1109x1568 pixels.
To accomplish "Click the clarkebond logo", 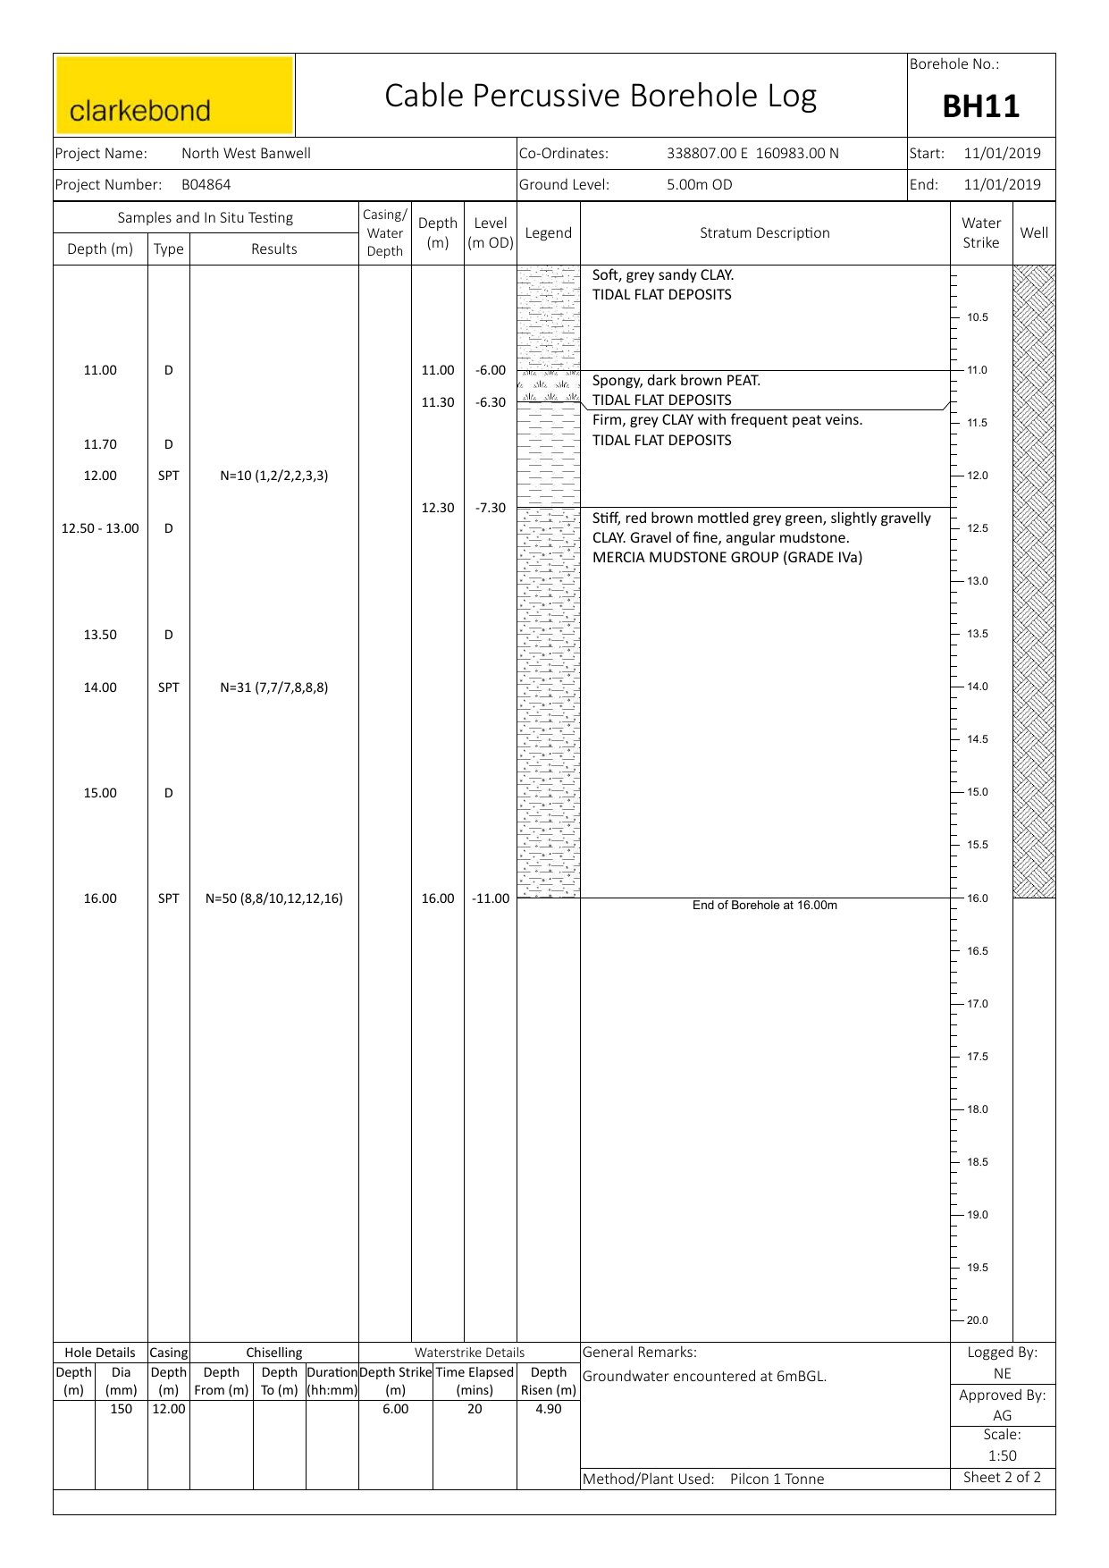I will point(174,96).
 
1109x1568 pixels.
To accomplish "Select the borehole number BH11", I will point(980,106).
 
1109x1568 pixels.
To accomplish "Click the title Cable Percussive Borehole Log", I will point(601,96).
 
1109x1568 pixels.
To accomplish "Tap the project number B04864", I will point(206,185).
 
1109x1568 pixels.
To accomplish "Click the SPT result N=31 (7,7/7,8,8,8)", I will point(273,687).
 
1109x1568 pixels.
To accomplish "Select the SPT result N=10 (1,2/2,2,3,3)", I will point(273,476).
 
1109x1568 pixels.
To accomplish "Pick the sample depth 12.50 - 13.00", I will point(100,528).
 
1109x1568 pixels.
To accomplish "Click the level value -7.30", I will point(491,508).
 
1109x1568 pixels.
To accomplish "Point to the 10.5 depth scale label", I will point(977,317).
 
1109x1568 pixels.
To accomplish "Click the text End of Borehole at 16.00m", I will point(764,906).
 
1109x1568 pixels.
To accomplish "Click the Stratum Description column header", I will point(764,233).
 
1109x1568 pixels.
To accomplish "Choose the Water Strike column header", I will point(980,233).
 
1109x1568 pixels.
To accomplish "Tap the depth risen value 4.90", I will point(548,1409).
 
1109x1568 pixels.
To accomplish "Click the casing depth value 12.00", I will point(168,1409).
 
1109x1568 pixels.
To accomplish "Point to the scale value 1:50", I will point(1002,1455).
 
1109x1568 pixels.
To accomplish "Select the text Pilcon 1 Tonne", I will point(777,1479).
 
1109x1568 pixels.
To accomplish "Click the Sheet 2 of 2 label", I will point(1002,1477).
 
